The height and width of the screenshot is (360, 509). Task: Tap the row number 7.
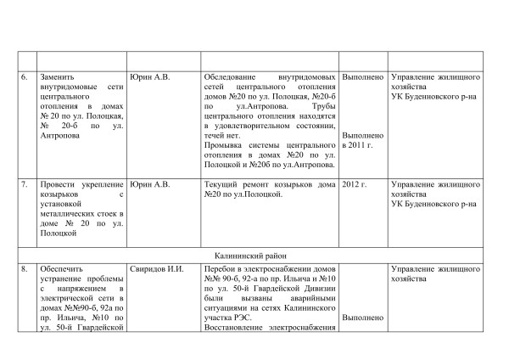(x=25, y=183)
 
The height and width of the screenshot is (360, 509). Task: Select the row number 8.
(x=25, y=269)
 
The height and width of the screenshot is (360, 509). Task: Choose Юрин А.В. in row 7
(x=151, y=183)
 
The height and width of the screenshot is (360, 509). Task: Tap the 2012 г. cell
(x=354, y=183)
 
